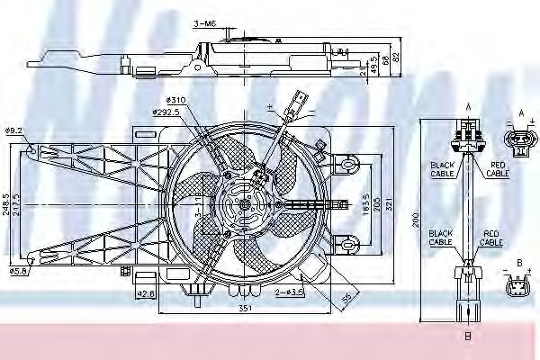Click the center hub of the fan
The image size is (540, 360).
(x=244, y=204)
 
